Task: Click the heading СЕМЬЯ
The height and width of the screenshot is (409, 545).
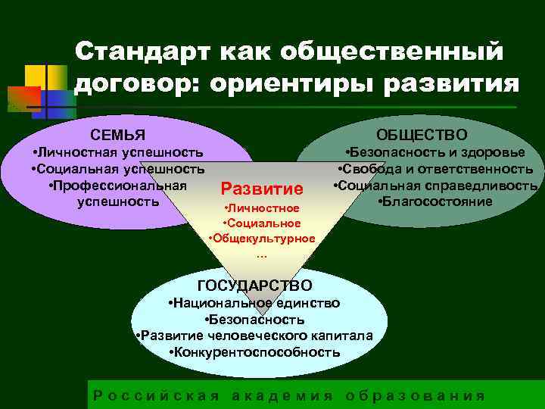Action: click(117, 136)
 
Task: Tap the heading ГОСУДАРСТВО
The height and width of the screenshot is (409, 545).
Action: click(254, 286)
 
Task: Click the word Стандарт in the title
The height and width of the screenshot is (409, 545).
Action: click(140, 52)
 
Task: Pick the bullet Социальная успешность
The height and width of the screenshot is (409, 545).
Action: click(118, 169)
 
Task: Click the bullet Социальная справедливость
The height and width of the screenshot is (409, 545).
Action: click(435, 185)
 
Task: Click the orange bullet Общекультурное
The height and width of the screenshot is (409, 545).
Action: click(262, 239)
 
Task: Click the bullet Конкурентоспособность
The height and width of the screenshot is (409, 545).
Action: click(254, 352)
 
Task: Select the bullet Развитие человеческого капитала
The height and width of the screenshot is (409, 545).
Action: click(254, 336)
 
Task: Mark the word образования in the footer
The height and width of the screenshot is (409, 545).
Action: click(414, 395)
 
